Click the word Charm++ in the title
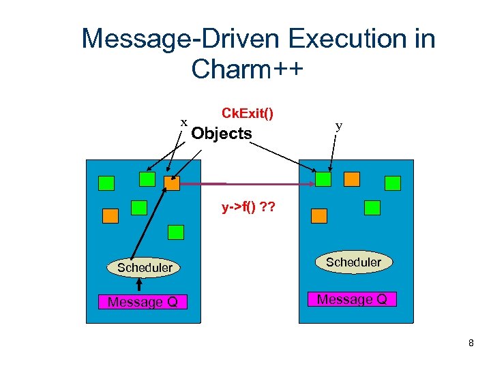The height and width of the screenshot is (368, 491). click(247, 69)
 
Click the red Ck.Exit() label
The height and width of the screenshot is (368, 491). click(248, 112)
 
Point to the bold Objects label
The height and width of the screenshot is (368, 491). click(222, 134)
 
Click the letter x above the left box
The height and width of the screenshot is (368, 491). click(183, 122)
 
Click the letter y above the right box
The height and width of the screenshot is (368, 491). click(339, 126)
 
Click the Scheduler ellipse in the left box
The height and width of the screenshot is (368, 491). click(144, 268)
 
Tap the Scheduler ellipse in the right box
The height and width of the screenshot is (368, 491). click(353, 262)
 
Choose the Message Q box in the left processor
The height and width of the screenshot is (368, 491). click(143, 302)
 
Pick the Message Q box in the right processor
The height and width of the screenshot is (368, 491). click(353, 299)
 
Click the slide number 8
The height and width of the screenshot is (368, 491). click(471, 343)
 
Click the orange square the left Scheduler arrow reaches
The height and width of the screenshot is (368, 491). click(172, 183)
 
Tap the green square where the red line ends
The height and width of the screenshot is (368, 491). click(323, 179)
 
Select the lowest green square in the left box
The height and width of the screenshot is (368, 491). click(176, 232)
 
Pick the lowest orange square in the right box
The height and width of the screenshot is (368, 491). click(319, 215)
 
